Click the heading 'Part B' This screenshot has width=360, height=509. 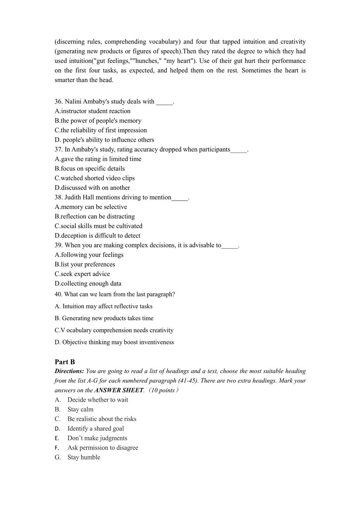65,362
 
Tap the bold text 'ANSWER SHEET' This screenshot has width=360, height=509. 119,390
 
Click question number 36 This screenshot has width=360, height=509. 59,101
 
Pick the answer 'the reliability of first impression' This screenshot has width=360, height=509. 103,130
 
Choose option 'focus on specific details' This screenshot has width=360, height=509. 93,169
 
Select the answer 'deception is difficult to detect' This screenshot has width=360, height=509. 100,236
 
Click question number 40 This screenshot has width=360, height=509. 59,294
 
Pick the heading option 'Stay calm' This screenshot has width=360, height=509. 80,409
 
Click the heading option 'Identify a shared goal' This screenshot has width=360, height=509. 96,429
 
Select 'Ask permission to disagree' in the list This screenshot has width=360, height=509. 103,448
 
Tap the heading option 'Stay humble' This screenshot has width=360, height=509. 84,457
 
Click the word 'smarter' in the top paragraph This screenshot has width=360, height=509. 65,80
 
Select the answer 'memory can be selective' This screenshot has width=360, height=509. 94,207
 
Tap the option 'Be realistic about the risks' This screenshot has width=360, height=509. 102,419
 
